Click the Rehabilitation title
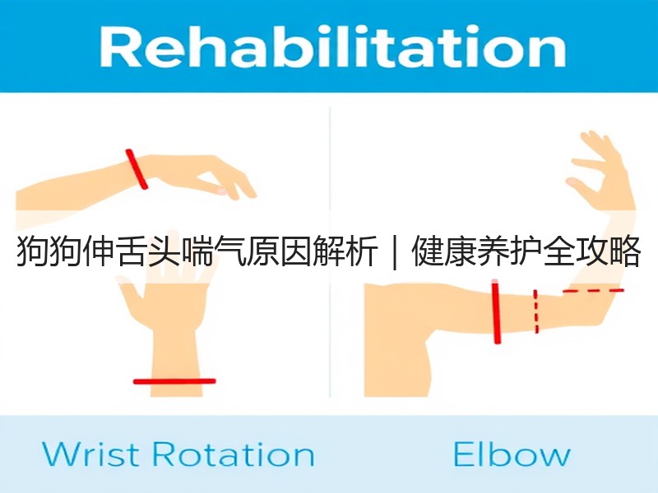click(x=333, y=46)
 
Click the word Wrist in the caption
click(x=90, y=454)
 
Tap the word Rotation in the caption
click(x=233, y=454)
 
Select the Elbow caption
click(x=512, y=454)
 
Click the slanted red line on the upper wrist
click(x=137, y=169)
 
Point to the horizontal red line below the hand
click(x=174, y=381)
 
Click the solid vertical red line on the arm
click(x=497, y=313)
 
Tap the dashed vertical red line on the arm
click(x=536, y=311)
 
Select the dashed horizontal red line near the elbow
click(x=593, y=291)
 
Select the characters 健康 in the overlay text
click(x=444, y=252)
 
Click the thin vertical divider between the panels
click(x=330, y=251)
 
